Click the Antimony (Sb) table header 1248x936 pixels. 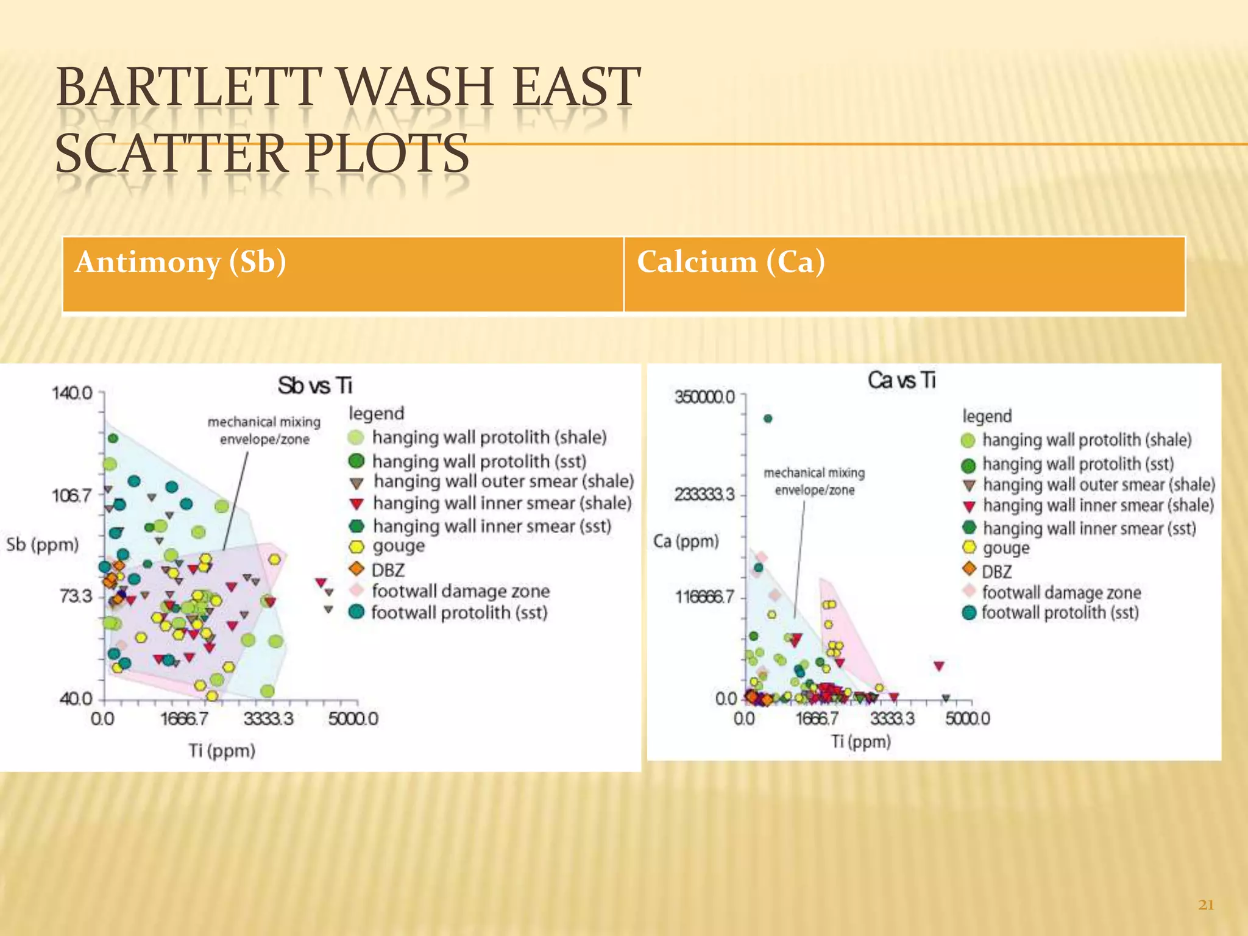180,263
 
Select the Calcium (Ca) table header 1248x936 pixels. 731,263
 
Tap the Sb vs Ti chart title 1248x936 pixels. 315,386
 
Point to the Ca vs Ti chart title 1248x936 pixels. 901,381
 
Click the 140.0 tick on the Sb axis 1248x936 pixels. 72,393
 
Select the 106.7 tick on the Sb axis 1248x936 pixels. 72,495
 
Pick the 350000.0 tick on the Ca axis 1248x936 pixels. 704,397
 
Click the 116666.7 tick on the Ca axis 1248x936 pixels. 704,597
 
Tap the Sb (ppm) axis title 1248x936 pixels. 43,544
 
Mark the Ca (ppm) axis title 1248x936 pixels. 686,541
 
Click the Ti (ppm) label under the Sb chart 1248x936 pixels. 222,750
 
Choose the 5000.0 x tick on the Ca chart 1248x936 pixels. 968,718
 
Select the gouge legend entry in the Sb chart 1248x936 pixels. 399,546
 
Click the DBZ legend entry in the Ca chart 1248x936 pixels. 996,572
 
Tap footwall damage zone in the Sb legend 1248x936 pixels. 460,591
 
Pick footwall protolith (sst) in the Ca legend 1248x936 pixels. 1060,612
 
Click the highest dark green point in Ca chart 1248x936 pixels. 768,419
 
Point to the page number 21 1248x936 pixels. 1206,905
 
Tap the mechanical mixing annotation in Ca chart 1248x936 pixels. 814,481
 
